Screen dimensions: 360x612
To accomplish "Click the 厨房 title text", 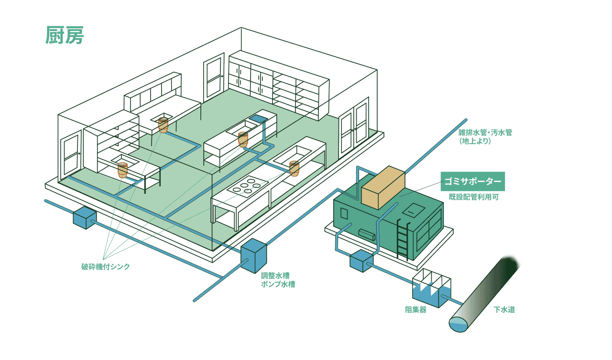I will [x=65, y=35].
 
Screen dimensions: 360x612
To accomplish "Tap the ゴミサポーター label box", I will [x=472, y=181].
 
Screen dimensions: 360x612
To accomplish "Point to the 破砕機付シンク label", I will [x=105, y=267].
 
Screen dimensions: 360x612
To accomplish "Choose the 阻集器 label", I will [x=415, y=310].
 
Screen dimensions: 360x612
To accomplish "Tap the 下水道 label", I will [x=504, y=310].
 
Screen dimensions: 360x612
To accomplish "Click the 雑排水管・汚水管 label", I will [x=485, y=137].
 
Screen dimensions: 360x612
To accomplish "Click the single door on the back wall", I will [x=213, y=77].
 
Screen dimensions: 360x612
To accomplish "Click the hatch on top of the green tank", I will [x=412, y=209].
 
